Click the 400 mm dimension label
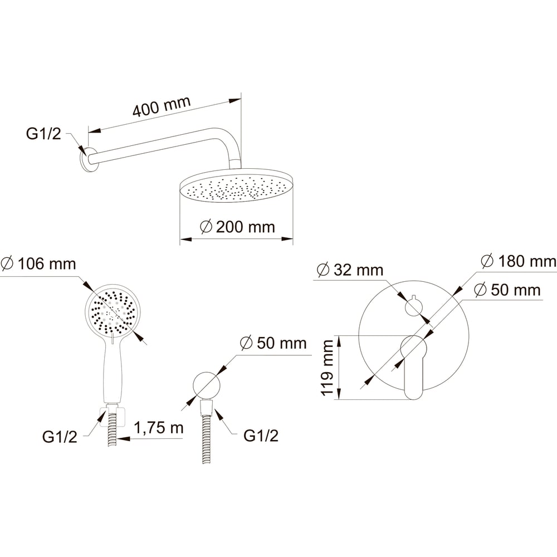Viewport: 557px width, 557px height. [x=162, y=106]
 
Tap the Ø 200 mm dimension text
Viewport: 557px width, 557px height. [x=237, y=227]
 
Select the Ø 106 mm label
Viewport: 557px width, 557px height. [x=38, y=264]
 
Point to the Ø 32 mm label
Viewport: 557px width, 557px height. [x=350, y=270]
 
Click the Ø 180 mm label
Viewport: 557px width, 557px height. [x=519, y=261]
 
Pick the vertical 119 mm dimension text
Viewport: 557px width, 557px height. [x=327, y=368]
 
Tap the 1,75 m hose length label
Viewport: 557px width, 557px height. [x=158, y=427]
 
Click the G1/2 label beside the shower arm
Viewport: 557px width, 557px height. [x=43, y=134]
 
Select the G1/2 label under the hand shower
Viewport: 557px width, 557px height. [x=60, y=437]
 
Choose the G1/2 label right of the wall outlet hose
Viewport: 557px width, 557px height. [x=261, y=436]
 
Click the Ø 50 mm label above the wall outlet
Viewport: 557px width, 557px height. [x=273, y=343]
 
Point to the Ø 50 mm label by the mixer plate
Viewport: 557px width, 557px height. [x=507, y=290]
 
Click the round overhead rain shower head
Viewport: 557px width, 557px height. [x=237, y=185]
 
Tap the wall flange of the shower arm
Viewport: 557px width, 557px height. [x=87, y=159]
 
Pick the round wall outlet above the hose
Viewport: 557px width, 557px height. [x=207, y=385]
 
